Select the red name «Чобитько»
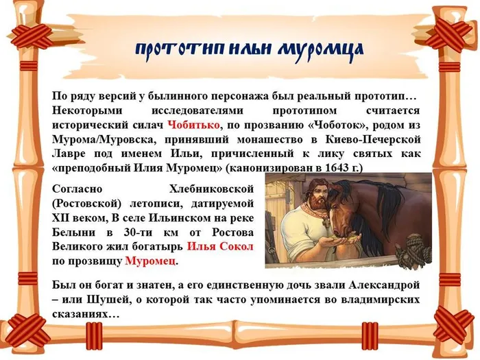tap(194, 124)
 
